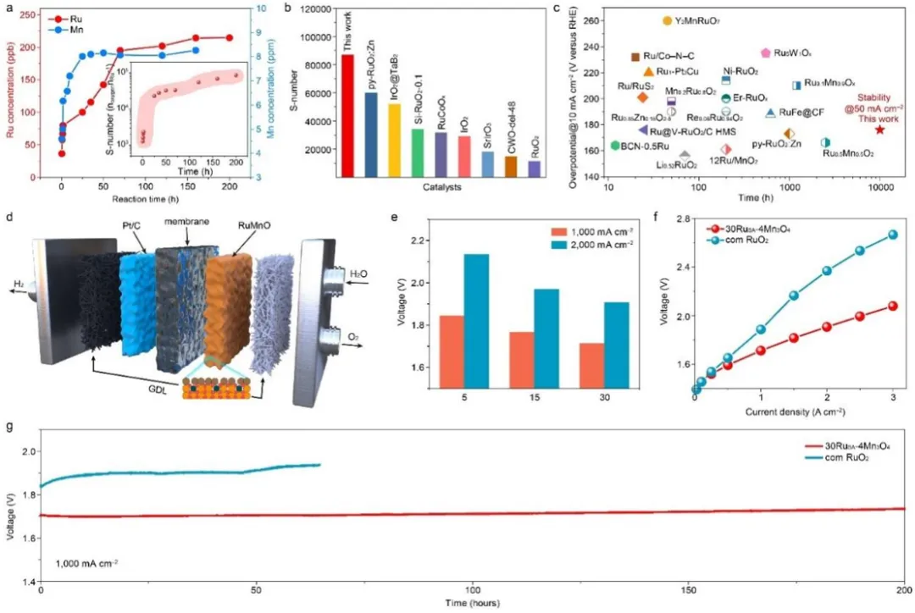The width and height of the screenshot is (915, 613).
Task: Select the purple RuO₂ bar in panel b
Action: pos(533,168)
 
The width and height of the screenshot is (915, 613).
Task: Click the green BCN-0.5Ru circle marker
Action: pos(615,146)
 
